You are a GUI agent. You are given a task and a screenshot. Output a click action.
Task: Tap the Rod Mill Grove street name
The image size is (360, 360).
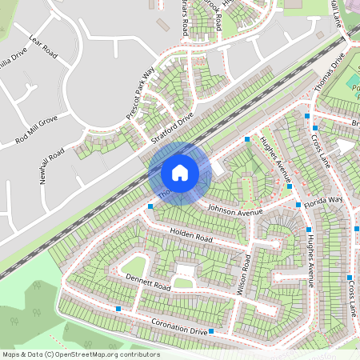37,130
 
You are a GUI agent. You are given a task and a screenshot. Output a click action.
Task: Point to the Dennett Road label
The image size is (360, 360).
148,282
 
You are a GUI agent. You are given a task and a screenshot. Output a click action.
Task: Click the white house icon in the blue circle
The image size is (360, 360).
180,173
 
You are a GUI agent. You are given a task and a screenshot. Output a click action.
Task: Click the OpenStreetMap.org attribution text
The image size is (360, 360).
81,354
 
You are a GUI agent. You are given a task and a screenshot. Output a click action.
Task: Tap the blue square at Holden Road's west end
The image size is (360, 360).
151,206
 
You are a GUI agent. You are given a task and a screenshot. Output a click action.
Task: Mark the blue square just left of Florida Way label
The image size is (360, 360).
298,205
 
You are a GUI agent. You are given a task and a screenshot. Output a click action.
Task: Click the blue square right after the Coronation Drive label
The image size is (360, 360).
211,331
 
